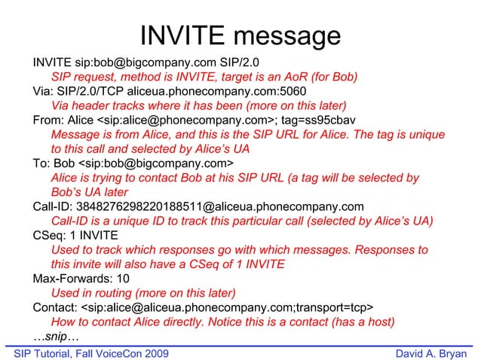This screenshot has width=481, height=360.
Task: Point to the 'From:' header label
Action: pos(48,120)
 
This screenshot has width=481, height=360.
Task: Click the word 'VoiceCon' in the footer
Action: pos(119,352)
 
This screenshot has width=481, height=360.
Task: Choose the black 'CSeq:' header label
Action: pos(50,235)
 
